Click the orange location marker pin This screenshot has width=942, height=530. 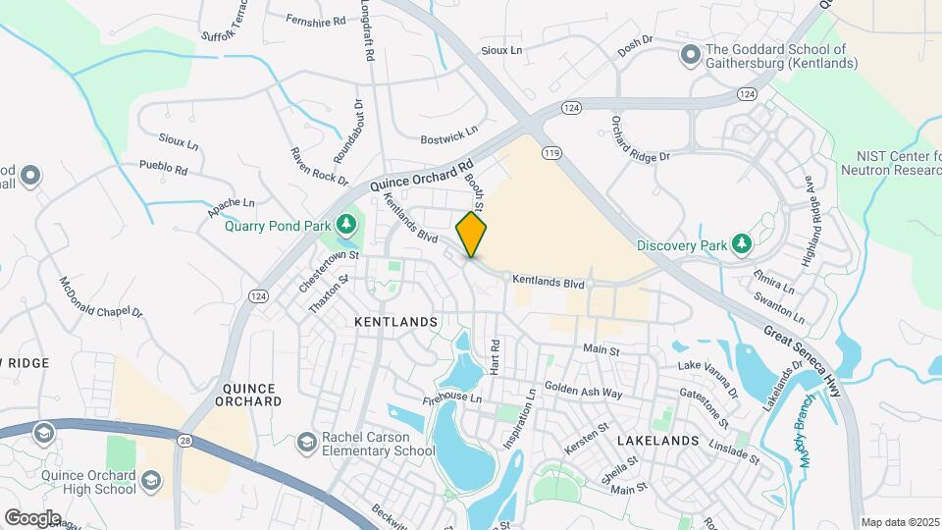pos(471,234)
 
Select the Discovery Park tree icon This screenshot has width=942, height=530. pos(743,242)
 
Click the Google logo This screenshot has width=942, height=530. pos(31,517)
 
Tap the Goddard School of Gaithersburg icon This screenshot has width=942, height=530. pos(691,53)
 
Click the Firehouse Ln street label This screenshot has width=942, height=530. pos(452,398)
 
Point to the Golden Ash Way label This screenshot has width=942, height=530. pos(584,391)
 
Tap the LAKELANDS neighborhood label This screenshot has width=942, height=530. pos(657,441)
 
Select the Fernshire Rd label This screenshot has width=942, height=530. pos(316,20)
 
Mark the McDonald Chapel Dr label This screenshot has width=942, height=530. pos(101,298)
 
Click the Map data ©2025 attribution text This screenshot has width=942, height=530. pos(900,522)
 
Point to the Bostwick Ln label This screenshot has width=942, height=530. pos(448,130)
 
